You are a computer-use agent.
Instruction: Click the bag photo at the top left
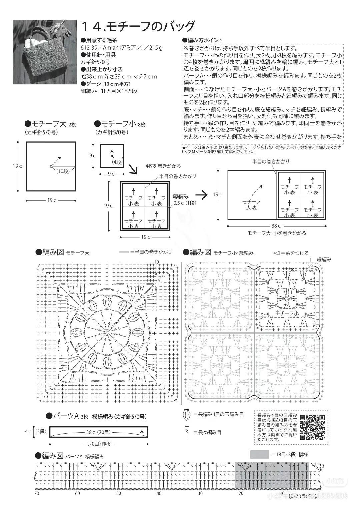click(x=45, y=52)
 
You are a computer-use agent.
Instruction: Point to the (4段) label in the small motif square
click(x=116, y=162)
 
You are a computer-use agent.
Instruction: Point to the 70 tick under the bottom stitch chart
click(x=37, y=493)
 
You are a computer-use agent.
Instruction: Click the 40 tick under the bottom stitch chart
click(x=159, y=493)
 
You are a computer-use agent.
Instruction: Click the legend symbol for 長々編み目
click(x=186, y=432)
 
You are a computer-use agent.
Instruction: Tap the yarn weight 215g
click(x=156, y=48)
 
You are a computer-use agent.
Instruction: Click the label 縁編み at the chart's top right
click(x=324, y=260)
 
